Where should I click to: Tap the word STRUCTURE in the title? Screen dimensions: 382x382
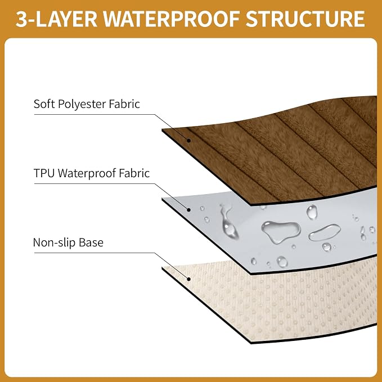pyautogui.click(x=305, y=19)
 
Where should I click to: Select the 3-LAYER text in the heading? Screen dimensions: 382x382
pyautogui.click(x=57, y=19)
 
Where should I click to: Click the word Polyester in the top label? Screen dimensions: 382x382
pyautogui.click(x=82, y=104)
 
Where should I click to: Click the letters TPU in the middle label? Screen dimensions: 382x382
pyautogui.click(x=44, y=173)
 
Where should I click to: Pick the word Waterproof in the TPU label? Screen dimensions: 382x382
pyautogui.click(x=87, y=174)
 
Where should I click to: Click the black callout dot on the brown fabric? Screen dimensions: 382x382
pyautogui.click(x=188, y=141)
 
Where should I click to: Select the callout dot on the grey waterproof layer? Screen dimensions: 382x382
pyautogui.click(x=188, y=210)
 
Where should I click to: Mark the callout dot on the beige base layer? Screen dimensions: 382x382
pyautogui.click(x=188, y=279)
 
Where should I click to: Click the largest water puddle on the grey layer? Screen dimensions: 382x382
pyautogui.click(x=281, y=231)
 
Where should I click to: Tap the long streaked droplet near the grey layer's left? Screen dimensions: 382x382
pyautogui.click(x=228, y=221)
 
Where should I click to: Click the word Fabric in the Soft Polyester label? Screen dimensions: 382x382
pyautogui.click(x=124, y=104)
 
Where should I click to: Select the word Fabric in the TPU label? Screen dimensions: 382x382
pyautogui.click(x=134, y=173)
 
